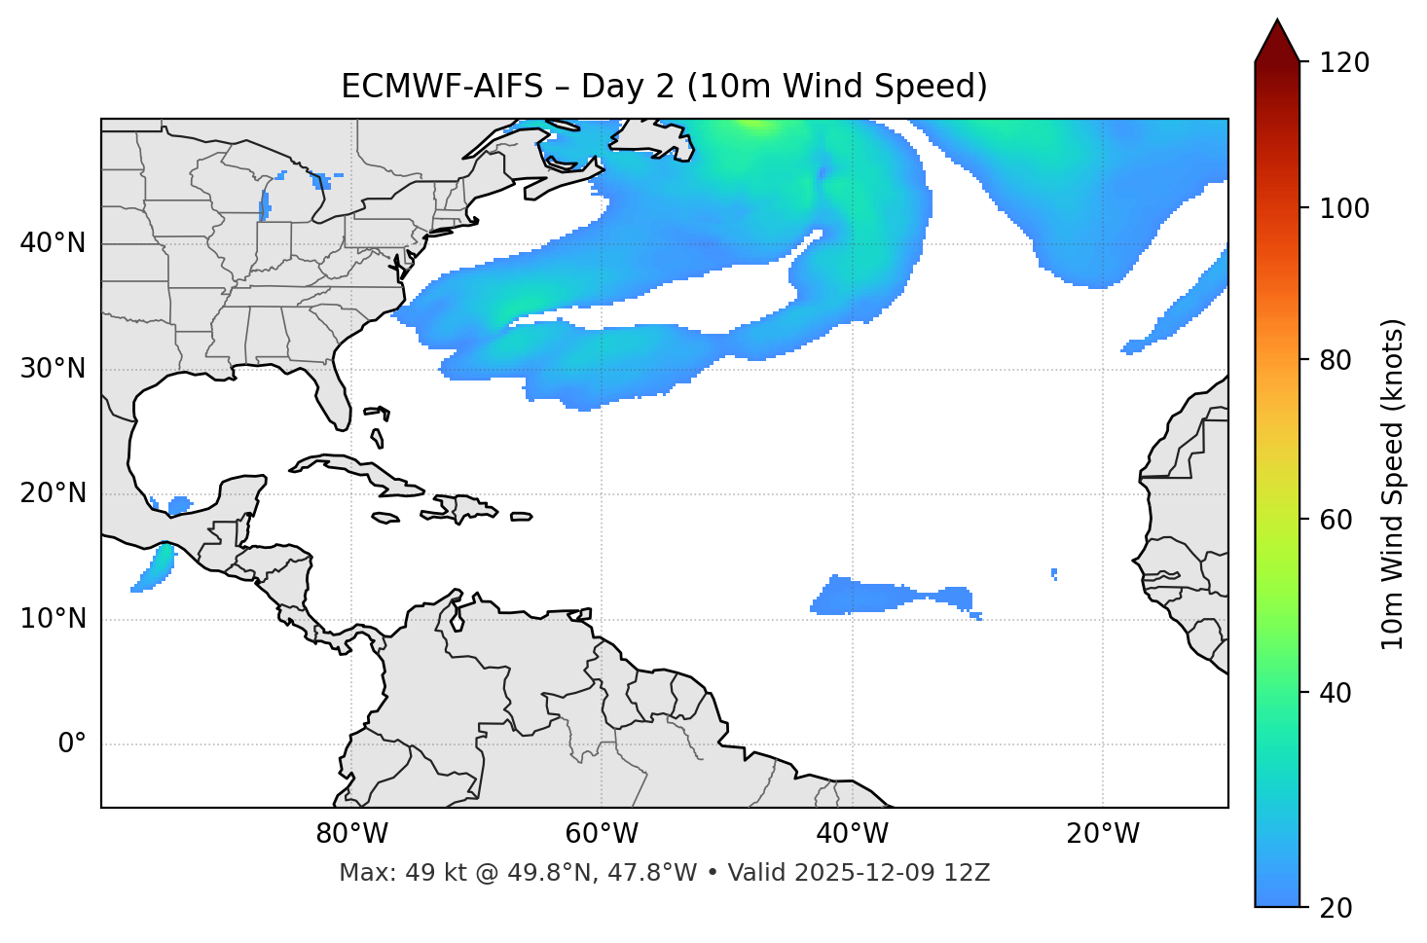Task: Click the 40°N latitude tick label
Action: (x=53, y=243)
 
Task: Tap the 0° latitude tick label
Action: (x=72, y=744)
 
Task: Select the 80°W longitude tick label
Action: (x=351, y=834)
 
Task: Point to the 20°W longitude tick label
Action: (x=1103, y=834)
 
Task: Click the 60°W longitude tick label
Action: (x=602, y=834)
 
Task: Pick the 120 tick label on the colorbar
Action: (x=1344, y=63)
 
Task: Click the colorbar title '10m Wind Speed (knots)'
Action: (x=1393, y=484)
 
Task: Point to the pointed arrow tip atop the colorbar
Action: (x=1277, y=21)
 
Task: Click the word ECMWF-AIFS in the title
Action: (x=442, y=87)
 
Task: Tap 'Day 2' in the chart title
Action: (x=628, y=87)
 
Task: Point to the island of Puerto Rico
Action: (x=521, y=517)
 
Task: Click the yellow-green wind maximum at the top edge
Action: (x=760, y=124)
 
